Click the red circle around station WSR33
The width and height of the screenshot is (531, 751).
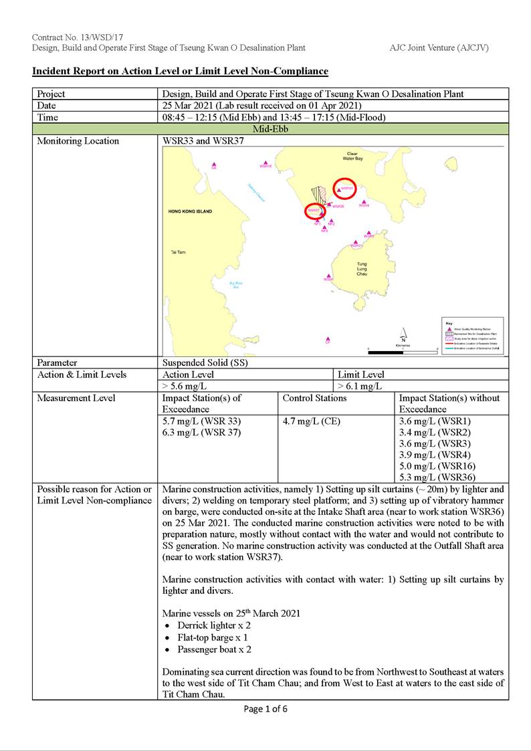pyautogui.click(x=344, y=189)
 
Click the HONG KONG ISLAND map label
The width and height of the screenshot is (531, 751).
pyautogui.click(x=191, y=211)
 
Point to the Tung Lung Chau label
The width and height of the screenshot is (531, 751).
pyautogui.click(x=362, y=269)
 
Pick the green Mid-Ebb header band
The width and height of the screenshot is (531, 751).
pyautogui.click(x=270, y=129)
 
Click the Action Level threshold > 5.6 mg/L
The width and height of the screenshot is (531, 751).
pyautogui.click(x=185, y=387)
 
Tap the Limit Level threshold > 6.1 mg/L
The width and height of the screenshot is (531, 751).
pyautogui.click(x=360, y=387)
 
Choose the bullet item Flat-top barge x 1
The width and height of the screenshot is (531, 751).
pyautogui.click(x=214, y=637)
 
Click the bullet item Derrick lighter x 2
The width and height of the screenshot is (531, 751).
pyautogui.click(x=213, y=625)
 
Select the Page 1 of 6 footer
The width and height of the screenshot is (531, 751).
pyautogui.click(x=265, y=709)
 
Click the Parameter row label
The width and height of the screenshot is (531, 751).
pyautogui.click(x=57, y=363)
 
